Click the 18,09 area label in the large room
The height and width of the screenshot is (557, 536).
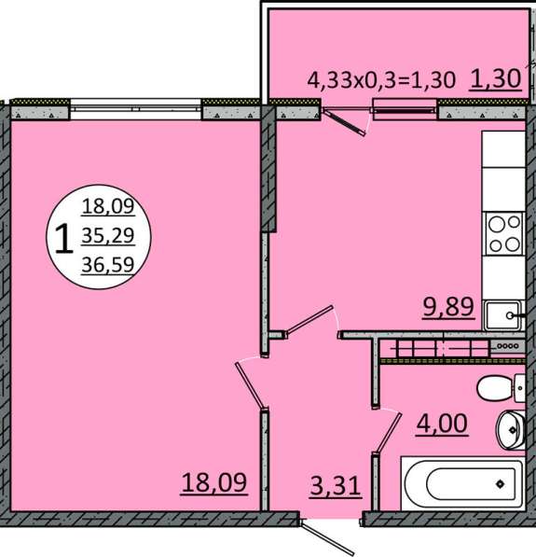(x=214, y=482)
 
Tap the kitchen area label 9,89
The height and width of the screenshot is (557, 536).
(x=448, y=306)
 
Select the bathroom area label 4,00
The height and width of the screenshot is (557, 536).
(x=442, y=424)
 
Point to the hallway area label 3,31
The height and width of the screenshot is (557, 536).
(x=335, y=485)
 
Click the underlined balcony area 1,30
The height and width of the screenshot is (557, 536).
(x=496, y=78)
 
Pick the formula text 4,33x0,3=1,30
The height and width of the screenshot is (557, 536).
(x=381, y=79)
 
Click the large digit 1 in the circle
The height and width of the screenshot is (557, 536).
(x=64, y=238)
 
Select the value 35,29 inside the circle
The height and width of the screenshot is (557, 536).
(x=108, y=235)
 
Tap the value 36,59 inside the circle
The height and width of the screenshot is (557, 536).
(x=108, y=265)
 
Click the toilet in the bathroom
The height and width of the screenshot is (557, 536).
(x=501, y=388)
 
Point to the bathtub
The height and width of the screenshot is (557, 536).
(x=462, y=483)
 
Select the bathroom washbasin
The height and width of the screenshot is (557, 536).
(x=511, y=430)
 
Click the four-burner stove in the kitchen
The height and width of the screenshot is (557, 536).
(x=504, y=233)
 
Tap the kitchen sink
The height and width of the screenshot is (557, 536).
(x=504, y=315)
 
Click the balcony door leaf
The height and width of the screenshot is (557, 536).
(x=344, y=122)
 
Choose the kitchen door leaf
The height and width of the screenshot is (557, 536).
(x=309, y=320)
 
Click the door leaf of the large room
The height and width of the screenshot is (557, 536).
(x=249, y=385)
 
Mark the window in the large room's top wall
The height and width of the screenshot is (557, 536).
(x=136, y=108)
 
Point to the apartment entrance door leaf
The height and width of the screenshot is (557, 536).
(x=323, y=537)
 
